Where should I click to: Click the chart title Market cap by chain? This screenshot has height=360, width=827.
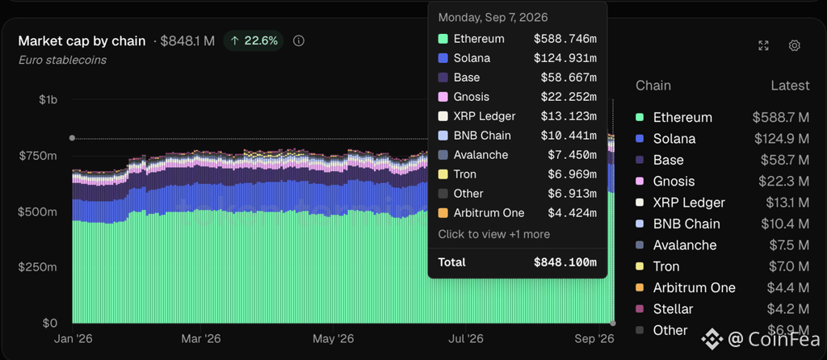82,41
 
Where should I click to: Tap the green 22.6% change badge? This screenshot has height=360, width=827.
254,41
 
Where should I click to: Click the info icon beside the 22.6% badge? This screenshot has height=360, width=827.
299,41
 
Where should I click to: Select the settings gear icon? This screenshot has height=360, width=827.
795,46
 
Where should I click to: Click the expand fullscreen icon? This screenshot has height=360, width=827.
763,46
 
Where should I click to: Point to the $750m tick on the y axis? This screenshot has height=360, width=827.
38,156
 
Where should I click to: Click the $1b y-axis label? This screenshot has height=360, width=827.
48,99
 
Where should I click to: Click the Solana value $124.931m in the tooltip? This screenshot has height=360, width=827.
565,58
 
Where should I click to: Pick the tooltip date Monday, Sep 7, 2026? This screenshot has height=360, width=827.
493,18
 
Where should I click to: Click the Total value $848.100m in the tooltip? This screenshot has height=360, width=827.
565,262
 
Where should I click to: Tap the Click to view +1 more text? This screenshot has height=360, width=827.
494,234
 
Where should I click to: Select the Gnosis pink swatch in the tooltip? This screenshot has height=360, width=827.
443,97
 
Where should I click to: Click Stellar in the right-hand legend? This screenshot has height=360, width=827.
673,309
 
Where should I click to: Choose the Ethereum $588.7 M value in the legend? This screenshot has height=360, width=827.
781,118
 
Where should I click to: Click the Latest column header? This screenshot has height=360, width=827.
790,86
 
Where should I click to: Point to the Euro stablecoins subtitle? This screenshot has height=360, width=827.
62,60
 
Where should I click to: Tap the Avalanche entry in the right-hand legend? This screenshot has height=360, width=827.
685,245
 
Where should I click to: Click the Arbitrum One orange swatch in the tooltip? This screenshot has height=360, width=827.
443,213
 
